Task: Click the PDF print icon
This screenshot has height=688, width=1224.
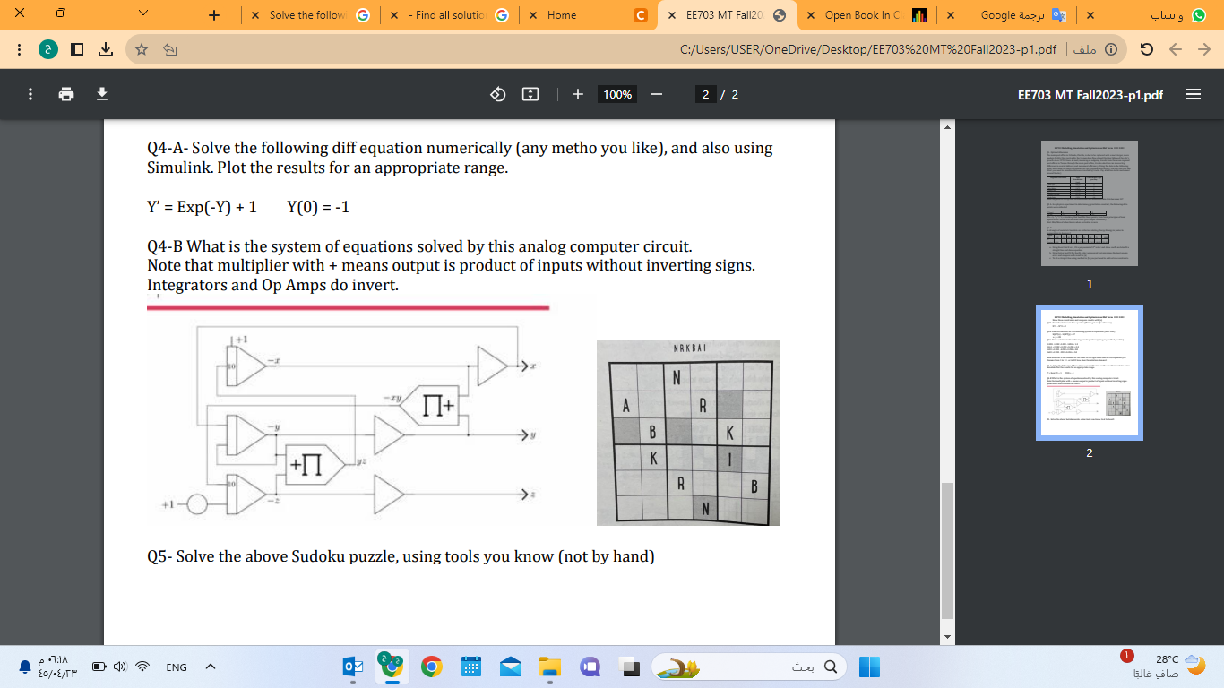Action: click(66, 94)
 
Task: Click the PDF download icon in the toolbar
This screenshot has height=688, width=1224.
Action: click(102, 94)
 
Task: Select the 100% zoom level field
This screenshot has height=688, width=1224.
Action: click(617, 94)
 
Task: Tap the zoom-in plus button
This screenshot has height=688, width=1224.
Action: click(578, 94)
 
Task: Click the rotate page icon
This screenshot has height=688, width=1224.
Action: click(499, 94)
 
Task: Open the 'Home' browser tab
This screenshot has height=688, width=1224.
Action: click(562, 15)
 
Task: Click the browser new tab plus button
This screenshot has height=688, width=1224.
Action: click(213, 15)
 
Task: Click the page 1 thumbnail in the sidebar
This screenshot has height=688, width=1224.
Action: click(1089, 202)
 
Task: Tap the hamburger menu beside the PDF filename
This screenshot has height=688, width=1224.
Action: click(1194, 94)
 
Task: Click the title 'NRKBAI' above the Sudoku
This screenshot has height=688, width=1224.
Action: click(689, 347)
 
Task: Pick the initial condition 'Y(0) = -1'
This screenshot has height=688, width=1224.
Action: click(318, 207)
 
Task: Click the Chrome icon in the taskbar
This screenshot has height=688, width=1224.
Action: click(433, 666)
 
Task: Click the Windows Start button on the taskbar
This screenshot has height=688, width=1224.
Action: click(869, 666)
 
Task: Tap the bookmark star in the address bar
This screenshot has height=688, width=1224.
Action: click(142, 50)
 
